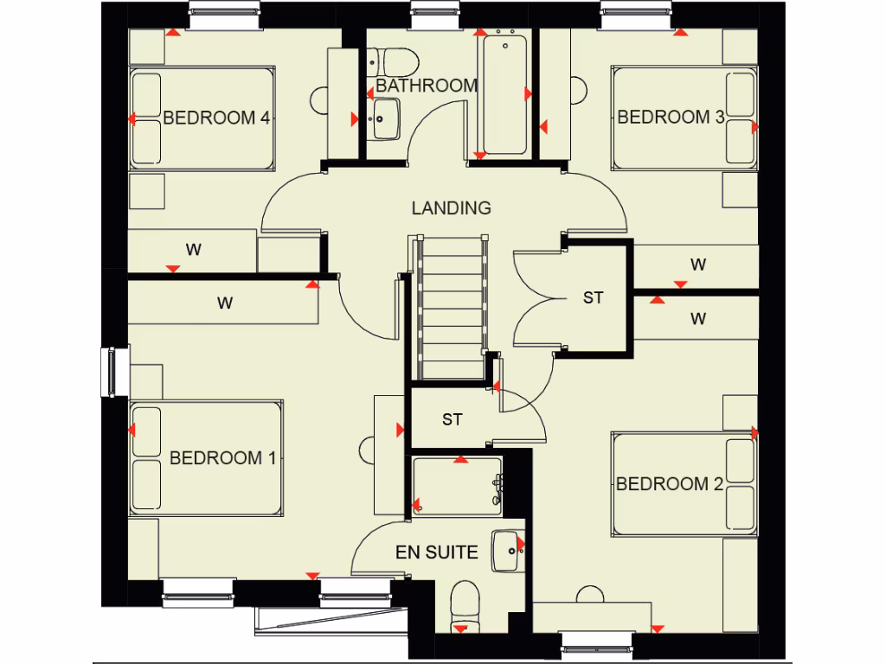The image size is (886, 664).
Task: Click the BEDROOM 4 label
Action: (x=216, y=118)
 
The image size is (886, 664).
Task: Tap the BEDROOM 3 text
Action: (x=671, y=118)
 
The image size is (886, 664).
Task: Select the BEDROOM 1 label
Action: (x=222, y=458)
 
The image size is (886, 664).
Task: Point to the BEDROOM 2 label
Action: (x=669, y=484)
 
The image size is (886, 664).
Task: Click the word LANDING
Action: (x=451, y=208)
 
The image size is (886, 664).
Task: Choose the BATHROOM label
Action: (x=427, y=86)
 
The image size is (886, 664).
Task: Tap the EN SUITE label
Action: (x=436, y=552)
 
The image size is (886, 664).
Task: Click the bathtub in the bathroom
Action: (x=504, y=94)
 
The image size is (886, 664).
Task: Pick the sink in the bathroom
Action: (x=385, y=118)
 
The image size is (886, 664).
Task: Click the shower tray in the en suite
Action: (x=457, y=489)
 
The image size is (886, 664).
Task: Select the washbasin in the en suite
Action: (x=508, y=550)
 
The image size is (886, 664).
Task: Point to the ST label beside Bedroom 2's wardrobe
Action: (x=593, y=298)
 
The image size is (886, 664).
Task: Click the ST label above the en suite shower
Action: (x=452, y=420)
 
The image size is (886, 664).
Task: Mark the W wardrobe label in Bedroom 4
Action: (x=193, y=251)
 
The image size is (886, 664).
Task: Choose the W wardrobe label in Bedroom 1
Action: (x=225, y=303)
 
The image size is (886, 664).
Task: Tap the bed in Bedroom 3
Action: (x=684, y=118)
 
